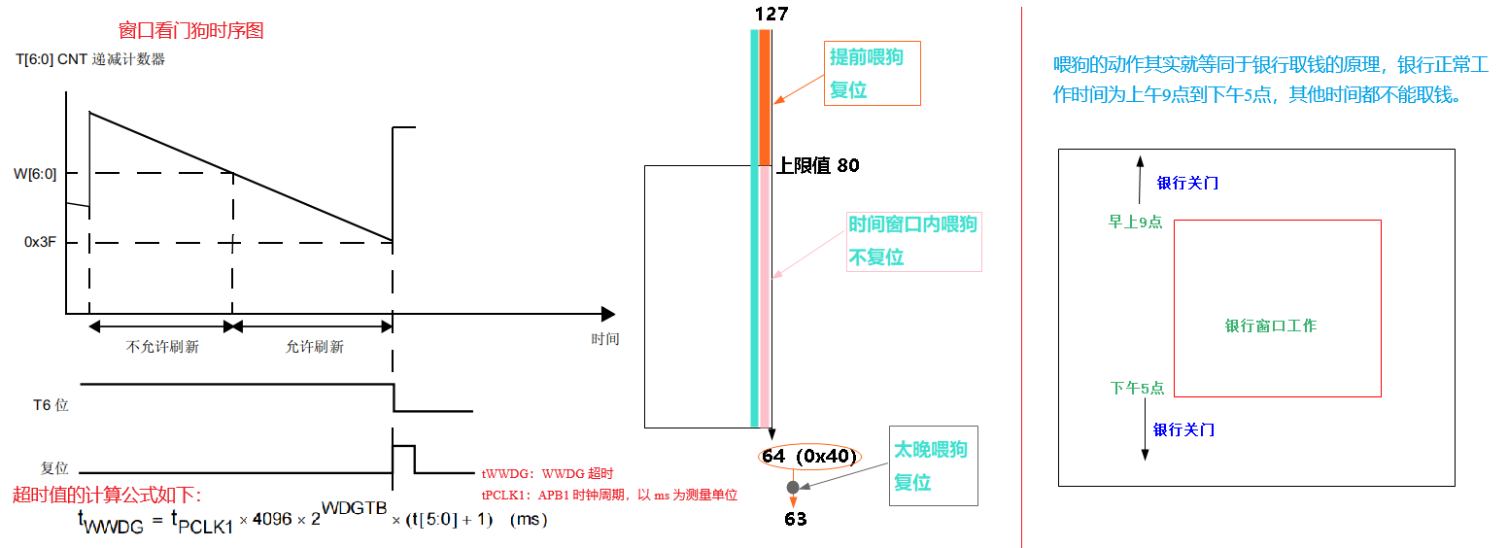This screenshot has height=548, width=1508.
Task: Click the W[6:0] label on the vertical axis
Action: point(34,175)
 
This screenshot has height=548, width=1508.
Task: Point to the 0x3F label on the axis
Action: point(41,242)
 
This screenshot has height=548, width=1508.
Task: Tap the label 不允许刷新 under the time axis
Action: point(162,347)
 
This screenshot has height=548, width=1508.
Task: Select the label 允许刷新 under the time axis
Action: point(314,347)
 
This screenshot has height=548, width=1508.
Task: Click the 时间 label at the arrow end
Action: point(604,339)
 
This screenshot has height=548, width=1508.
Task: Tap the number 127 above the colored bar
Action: point(771,14)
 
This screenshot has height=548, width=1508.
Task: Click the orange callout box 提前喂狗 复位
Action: point(872,73)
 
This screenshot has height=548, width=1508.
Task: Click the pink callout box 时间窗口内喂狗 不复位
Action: point(913,241)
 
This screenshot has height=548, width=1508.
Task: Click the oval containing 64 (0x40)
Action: point(808,458)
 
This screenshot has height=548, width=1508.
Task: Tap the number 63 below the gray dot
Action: point(795,519)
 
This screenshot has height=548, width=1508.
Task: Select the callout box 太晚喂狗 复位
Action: point(933,465)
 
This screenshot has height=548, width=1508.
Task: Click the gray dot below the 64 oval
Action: point(793,487)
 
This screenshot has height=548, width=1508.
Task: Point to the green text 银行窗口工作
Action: point(1271,325)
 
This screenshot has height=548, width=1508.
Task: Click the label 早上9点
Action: point(1136,222)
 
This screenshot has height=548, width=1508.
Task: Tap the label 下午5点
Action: point(1137,388)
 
